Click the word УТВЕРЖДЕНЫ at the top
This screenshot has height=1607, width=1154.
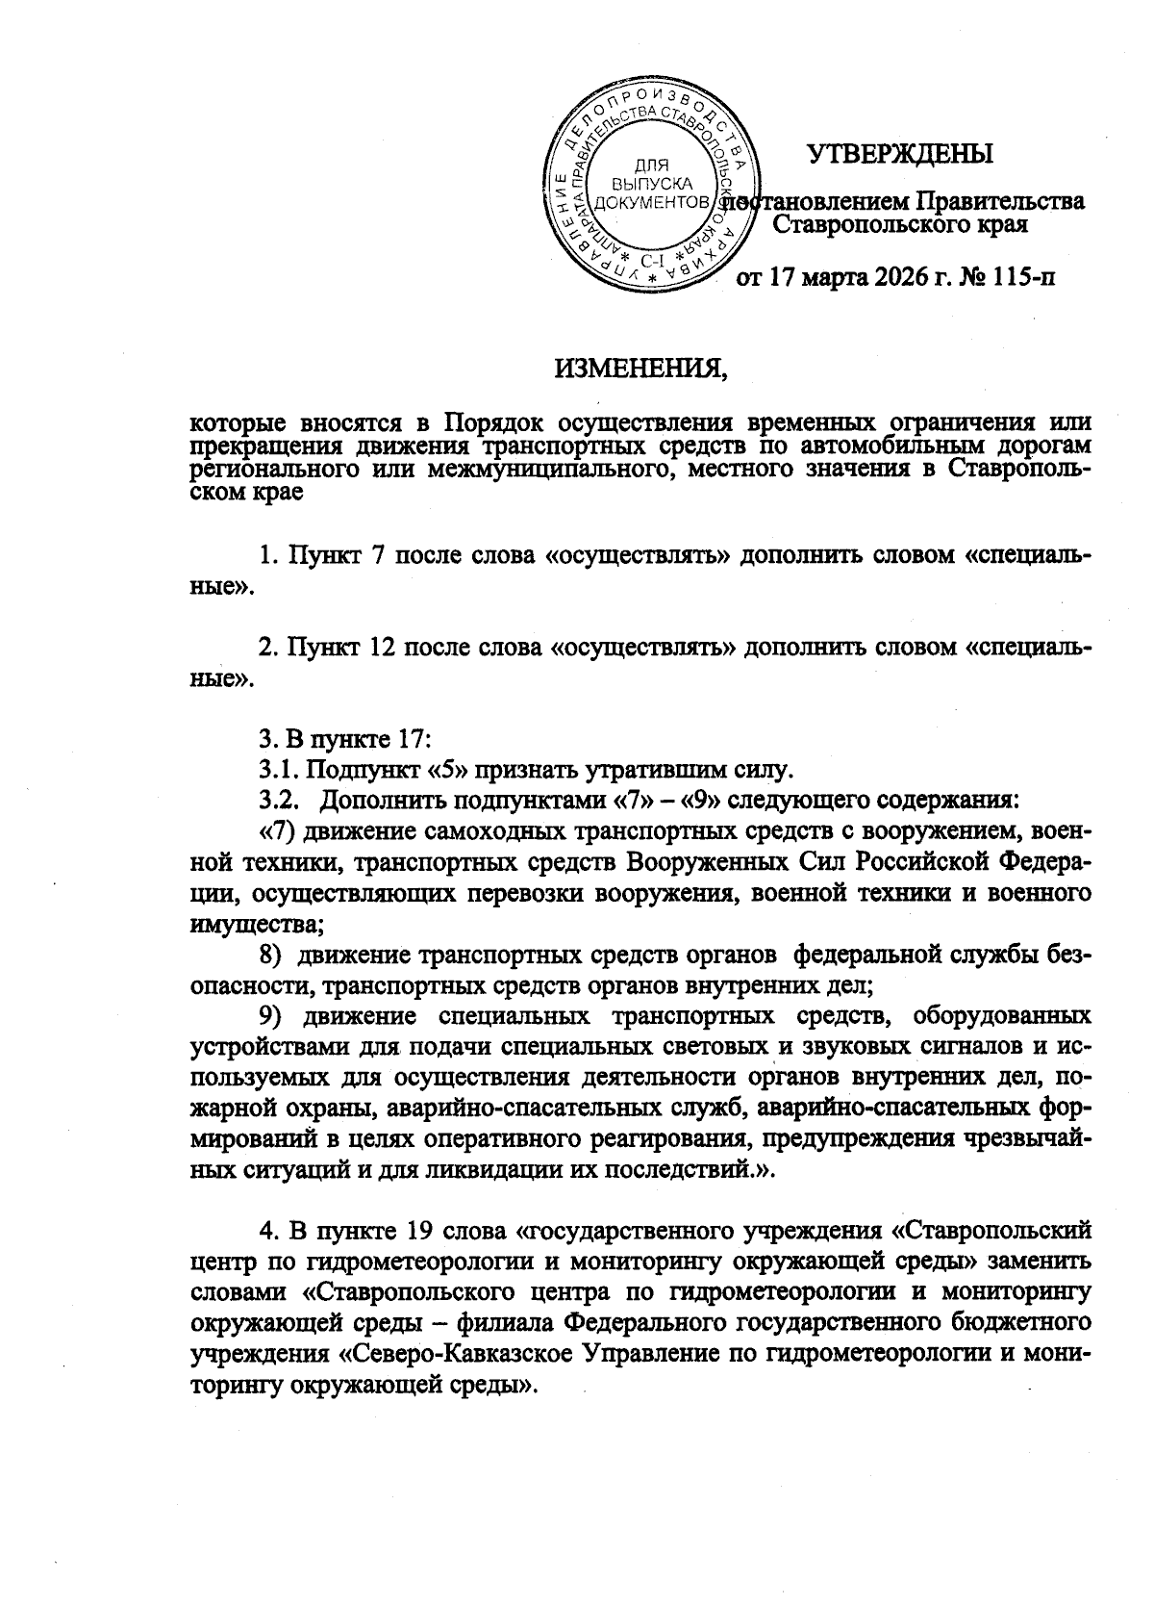(x=899, y=154)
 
